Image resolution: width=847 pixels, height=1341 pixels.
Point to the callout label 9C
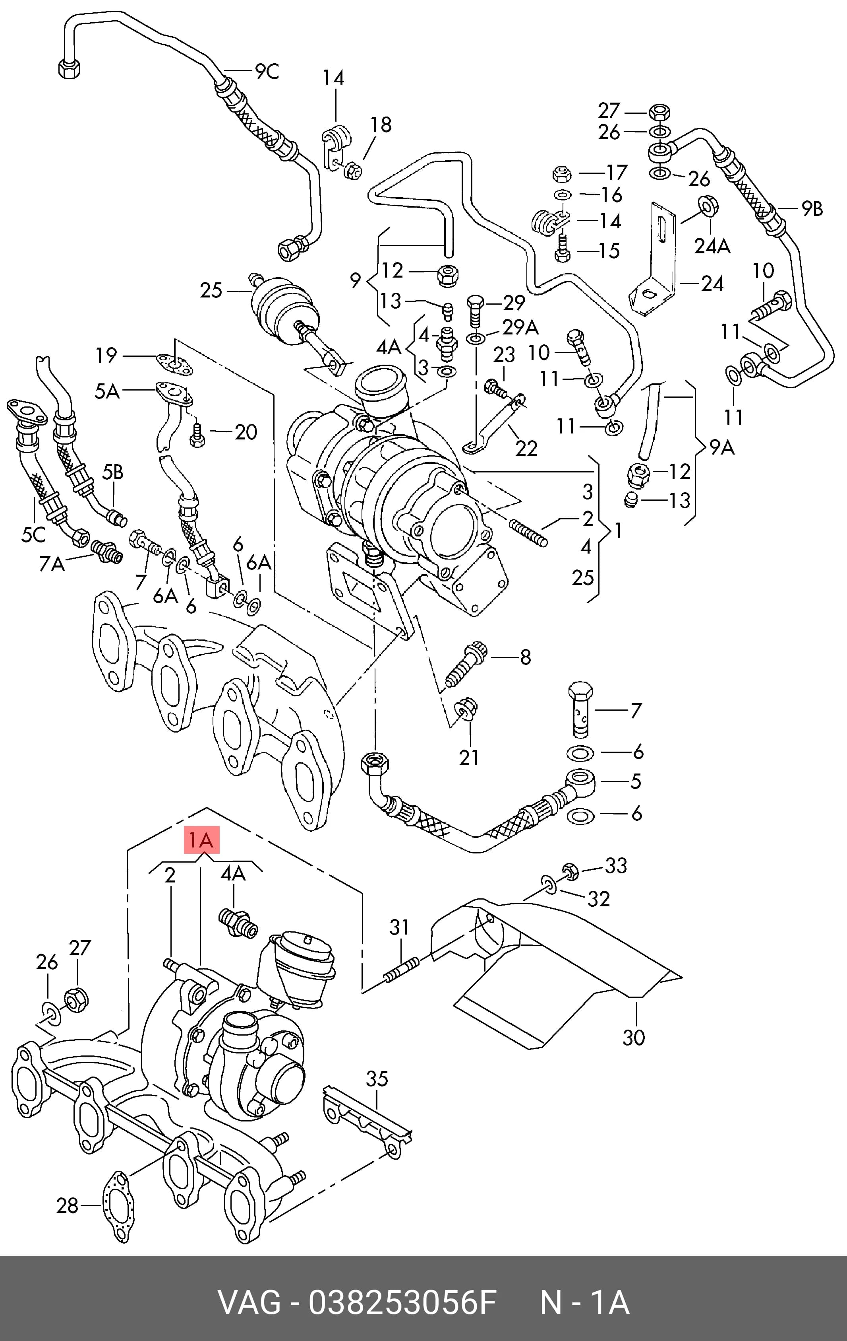point(267,72)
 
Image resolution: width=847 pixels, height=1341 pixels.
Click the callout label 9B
point(812,209)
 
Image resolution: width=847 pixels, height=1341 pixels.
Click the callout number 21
point(468,757)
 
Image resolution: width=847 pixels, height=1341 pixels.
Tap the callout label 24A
point(712,246)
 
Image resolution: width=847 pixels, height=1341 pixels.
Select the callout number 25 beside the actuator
point(211,290)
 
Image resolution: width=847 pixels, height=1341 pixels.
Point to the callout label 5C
point(33,534)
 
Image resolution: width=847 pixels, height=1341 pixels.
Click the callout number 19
point(106,355)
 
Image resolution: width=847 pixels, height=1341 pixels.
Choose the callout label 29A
point(521,327)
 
